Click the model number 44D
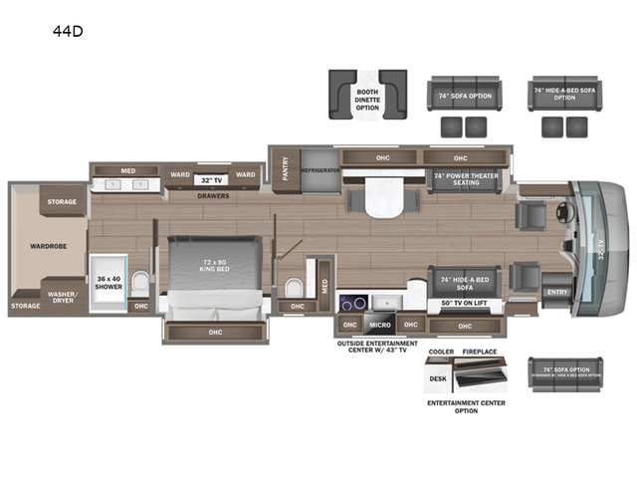[69, 30]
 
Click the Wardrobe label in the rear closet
[47, 245]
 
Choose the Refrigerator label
[320, 171]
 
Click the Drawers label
[212, 196]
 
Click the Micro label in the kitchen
[378, 325]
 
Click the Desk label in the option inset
[438, 377]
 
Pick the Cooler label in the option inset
[441, 353]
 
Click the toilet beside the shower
[139, 283]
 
